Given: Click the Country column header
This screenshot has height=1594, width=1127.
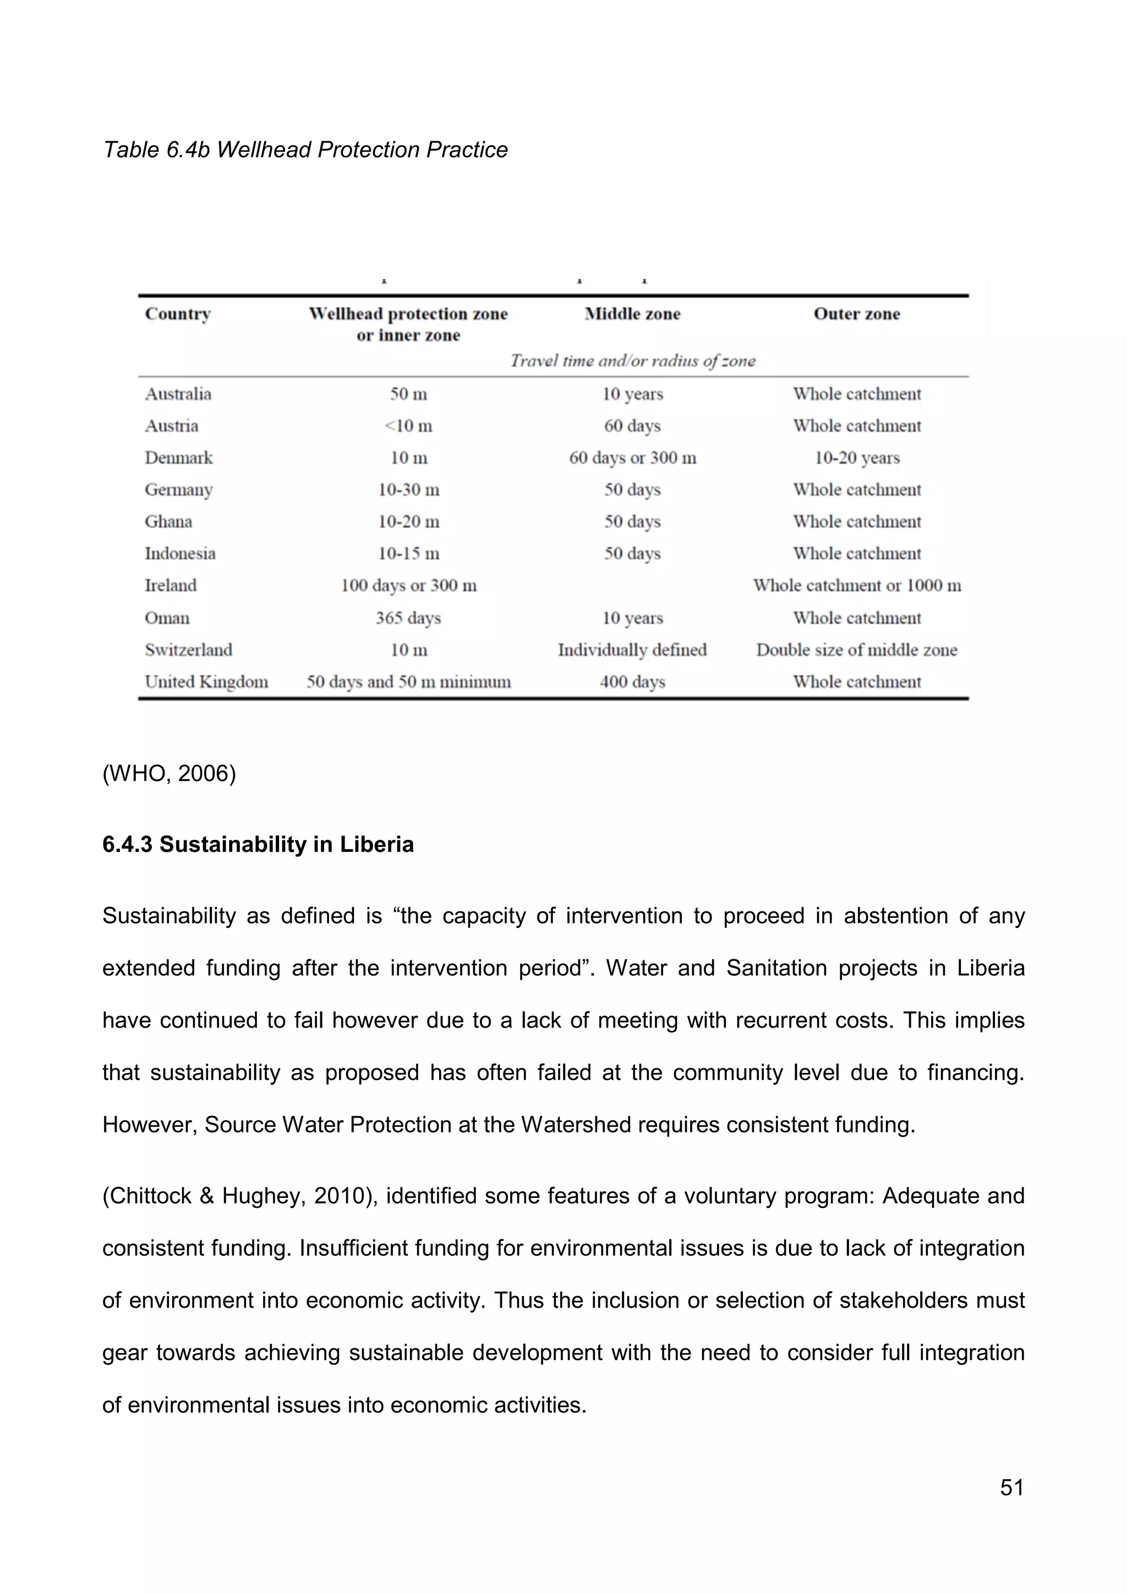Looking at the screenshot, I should [178, 314].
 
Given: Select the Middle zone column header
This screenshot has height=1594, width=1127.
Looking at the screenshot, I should [632, 314].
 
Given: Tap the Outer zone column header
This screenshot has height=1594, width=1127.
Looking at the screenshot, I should [856, 314].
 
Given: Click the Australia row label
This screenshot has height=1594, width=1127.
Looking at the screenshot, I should [178, 394].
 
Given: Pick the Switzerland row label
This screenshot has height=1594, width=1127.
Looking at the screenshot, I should [188, 650].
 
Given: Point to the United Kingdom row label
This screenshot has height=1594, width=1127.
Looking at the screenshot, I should [206, 681].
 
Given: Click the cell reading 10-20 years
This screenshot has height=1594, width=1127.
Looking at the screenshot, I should [856, 458].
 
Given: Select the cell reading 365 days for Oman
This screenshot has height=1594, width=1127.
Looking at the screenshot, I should [408, 618].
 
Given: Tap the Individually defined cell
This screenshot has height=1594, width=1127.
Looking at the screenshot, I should [632, 650].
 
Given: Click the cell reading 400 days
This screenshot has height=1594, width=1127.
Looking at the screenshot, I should [632, 681].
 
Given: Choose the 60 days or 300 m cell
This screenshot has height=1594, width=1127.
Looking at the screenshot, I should [632, 458].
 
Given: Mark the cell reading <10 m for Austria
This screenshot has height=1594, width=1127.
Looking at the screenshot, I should [408, 426].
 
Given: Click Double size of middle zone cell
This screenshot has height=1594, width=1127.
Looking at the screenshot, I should [856, 650].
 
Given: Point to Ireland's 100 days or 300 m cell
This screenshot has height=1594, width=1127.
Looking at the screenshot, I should [408, 586].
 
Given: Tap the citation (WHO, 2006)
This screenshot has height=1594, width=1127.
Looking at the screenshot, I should [169, 773].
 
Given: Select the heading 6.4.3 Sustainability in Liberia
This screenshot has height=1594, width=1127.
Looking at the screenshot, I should [258, 844].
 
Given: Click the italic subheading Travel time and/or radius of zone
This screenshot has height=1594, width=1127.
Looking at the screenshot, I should [632, 361].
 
